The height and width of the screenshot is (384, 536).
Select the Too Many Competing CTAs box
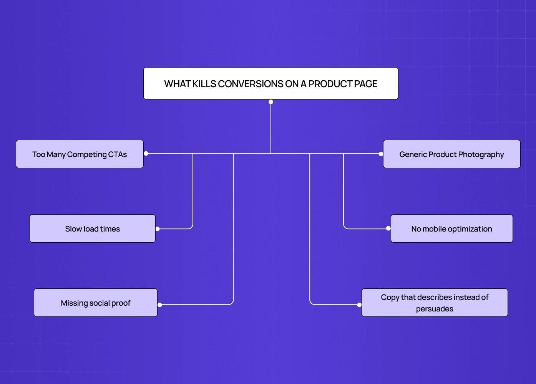80,154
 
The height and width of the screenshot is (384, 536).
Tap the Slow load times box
92,228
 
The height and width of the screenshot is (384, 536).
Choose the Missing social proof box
95,303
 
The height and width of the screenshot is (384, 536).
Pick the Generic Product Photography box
451,154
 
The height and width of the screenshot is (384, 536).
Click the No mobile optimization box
451,228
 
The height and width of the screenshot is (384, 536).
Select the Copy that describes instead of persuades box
435,303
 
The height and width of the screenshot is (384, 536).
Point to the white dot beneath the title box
271,102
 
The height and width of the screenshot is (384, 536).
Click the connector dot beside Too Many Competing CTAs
146,154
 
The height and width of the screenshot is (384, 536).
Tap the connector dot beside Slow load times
158,229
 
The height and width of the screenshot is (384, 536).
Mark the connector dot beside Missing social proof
160,305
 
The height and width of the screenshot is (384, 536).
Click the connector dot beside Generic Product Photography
381,154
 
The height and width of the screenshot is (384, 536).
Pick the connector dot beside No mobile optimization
388,228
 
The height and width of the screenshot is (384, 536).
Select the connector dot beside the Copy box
359,305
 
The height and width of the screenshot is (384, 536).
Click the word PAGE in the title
365,84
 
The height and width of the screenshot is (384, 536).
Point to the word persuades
435,309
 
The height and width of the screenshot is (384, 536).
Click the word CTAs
118,154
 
